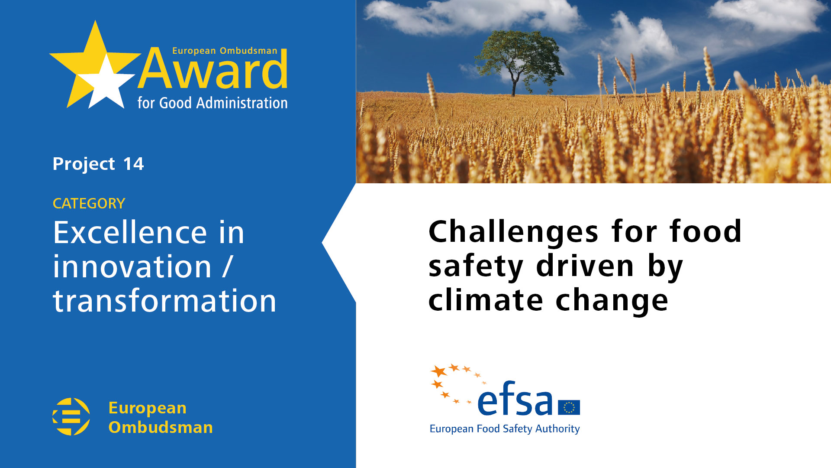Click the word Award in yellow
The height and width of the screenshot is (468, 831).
tap(213, 69)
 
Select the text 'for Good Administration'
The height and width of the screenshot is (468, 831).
tap(213, 103)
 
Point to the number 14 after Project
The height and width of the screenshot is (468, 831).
tap(133, 164)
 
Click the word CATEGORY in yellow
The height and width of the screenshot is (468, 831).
tap(89, 203)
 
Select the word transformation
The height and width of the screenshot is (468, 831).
tap(164, 301)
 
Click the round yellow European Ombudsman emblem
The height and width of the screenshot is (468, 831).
tap(71, 416)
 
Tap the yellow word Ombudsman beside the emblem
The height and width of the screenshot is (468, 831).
tap(161, 427)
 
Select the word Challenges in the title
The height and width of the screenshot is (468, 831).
tap(513, 232)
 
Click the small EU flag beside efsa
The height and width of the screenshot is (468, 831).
tap(569, 407)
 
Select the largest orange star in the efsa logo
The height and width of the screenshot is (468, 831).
tap(439, 371)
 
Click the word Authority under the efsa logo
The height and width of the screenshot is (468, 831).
tap(557, 429)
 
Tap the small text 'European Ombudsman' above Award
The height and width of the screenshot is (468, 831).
tap(225, 51)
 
